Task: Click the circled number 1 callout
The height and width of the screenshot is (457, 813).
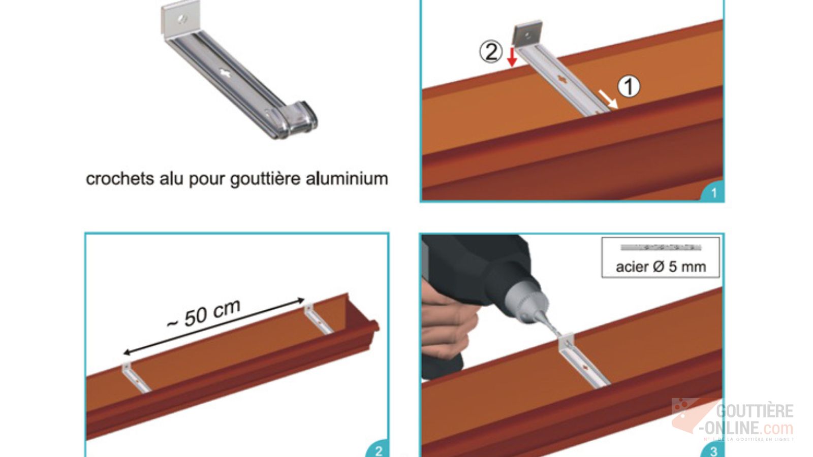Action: click(x=629, y=86)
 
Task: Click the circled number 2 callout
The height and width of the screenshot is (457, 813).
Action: click(x=491, y=52)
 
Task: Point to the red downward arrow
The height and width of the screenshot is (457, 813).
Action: click(x=512, y=57)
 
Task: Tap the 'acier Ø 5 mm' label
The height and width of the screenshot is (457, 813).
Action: click(x=661, y=267)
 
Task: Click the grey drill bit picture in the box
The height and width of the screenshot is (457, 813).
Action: click(x=661, y=248)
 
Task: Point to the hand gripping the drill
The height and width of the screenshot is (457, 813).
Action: click(x=447, y=325)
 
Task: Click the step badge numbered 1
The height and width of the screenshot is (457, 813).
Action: click(x=713, y=193)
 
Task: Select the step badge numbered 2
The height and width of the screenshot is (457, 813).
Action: click(x=379, y=450)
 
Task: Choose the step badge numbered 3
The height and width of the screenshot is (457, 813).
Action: click(x=713, y=450)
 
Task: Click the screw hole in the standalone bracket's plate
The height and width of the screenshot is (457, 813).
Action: click(x=182, y=19)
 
